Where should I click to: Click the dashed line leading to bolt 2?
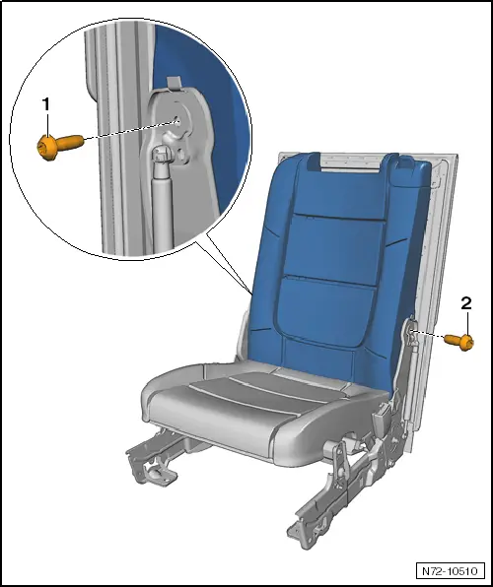(x=434, y=337)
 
